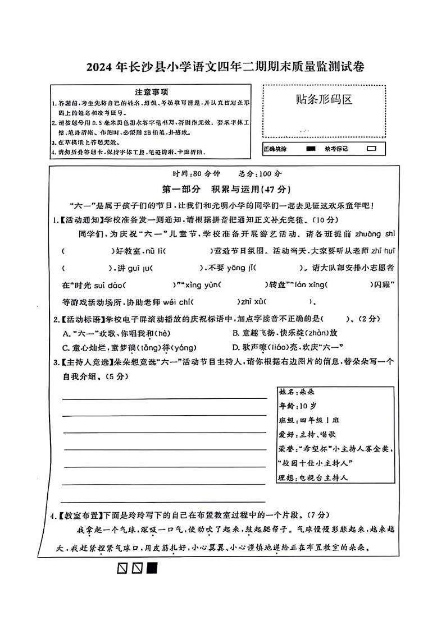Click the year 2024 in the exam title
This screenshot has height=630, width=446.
tap(99, 67)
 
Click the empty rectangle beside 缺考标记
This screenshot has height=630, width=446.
tap(371, 149)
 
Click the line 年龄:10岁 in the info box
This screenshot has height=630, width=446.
tap(297, 405)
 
